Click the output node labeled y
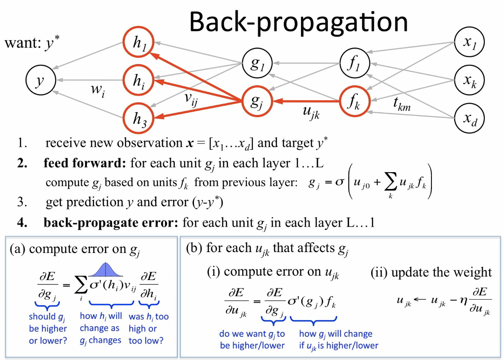click(41, 81)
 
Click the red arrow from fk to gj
click(306, 102)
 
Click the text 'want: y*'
click(32, 44)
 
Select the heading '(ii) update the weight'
click(431, 272)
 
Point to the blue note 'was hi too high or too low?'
click(149, 328)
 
